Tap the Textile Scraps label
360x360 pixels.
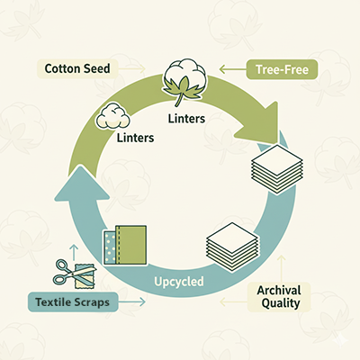pos(73,302)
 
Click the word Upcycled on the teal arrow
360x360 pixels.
pos(178,282)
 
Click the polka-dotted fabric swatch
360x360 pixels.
pos(111,246)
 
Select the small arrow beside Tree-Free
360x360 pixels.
pos(232,67)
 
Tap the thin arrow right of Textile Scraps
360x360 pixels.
pos(130,303)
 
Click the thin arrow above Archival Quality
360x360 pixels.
pos(281,266)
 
